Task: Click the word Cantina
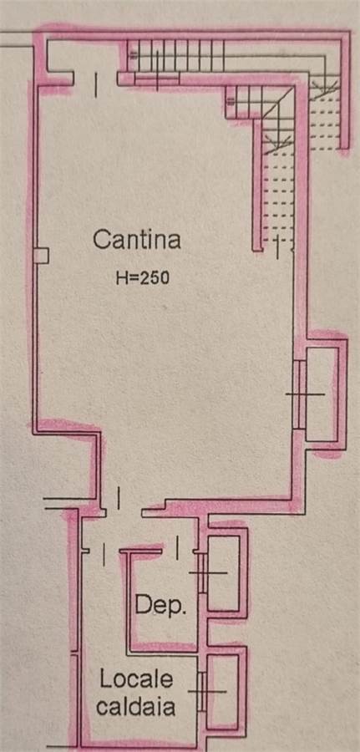(x=137, y=239)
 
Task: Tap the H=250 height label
(x=142, y=278)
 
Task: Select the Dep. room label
(x=160, y=607)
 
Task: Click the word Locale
(x=136, y=679)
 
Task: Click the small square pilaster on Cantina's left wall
(x=43, y=256)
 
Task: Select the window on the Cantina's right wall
(x=300, y=394)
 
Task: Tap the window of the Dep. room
(x=203, y=572)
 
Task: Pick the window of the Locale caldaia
(x=202, y=691)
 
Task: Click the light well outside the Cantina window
(x=322, y=394)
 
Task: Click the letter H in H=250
(x=121, y=278)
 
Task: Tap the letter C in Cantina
(x=101, y=239)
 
